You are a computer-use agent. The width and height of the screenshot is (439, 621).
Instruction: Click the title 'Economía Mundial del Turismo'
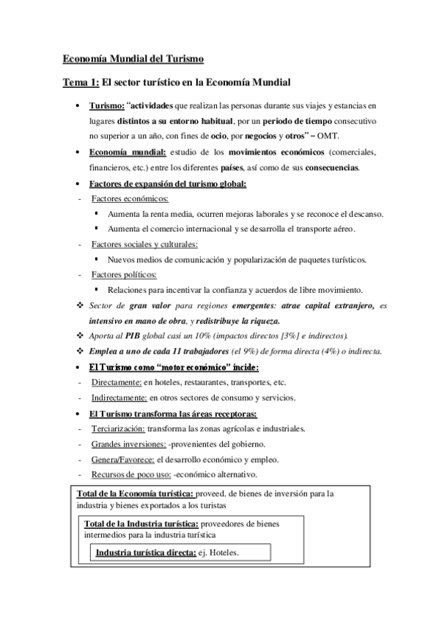click(x=132, y=58)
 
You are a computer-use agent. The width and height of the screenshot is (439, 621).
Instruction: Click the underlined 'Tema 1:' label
click(x=80, y=82)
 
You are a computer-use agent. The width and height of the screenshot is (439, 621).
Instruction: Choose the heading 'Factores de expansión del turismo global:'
click(x=168, y=183)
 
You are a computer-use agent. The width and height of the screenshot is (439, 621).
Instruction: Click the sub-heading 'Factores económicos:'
click(x=130, y=198)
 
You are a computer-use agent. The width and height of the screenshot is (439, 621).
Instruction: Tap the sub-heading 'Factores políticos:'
click(x=124, y=274)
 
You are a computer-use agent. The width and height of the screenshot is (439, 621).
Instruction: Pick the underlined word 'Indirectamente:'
click(x=119, y=398)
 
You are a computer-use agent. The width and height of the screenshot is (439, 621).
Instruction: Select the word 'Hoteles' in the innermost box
click(x=224, y=552)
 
